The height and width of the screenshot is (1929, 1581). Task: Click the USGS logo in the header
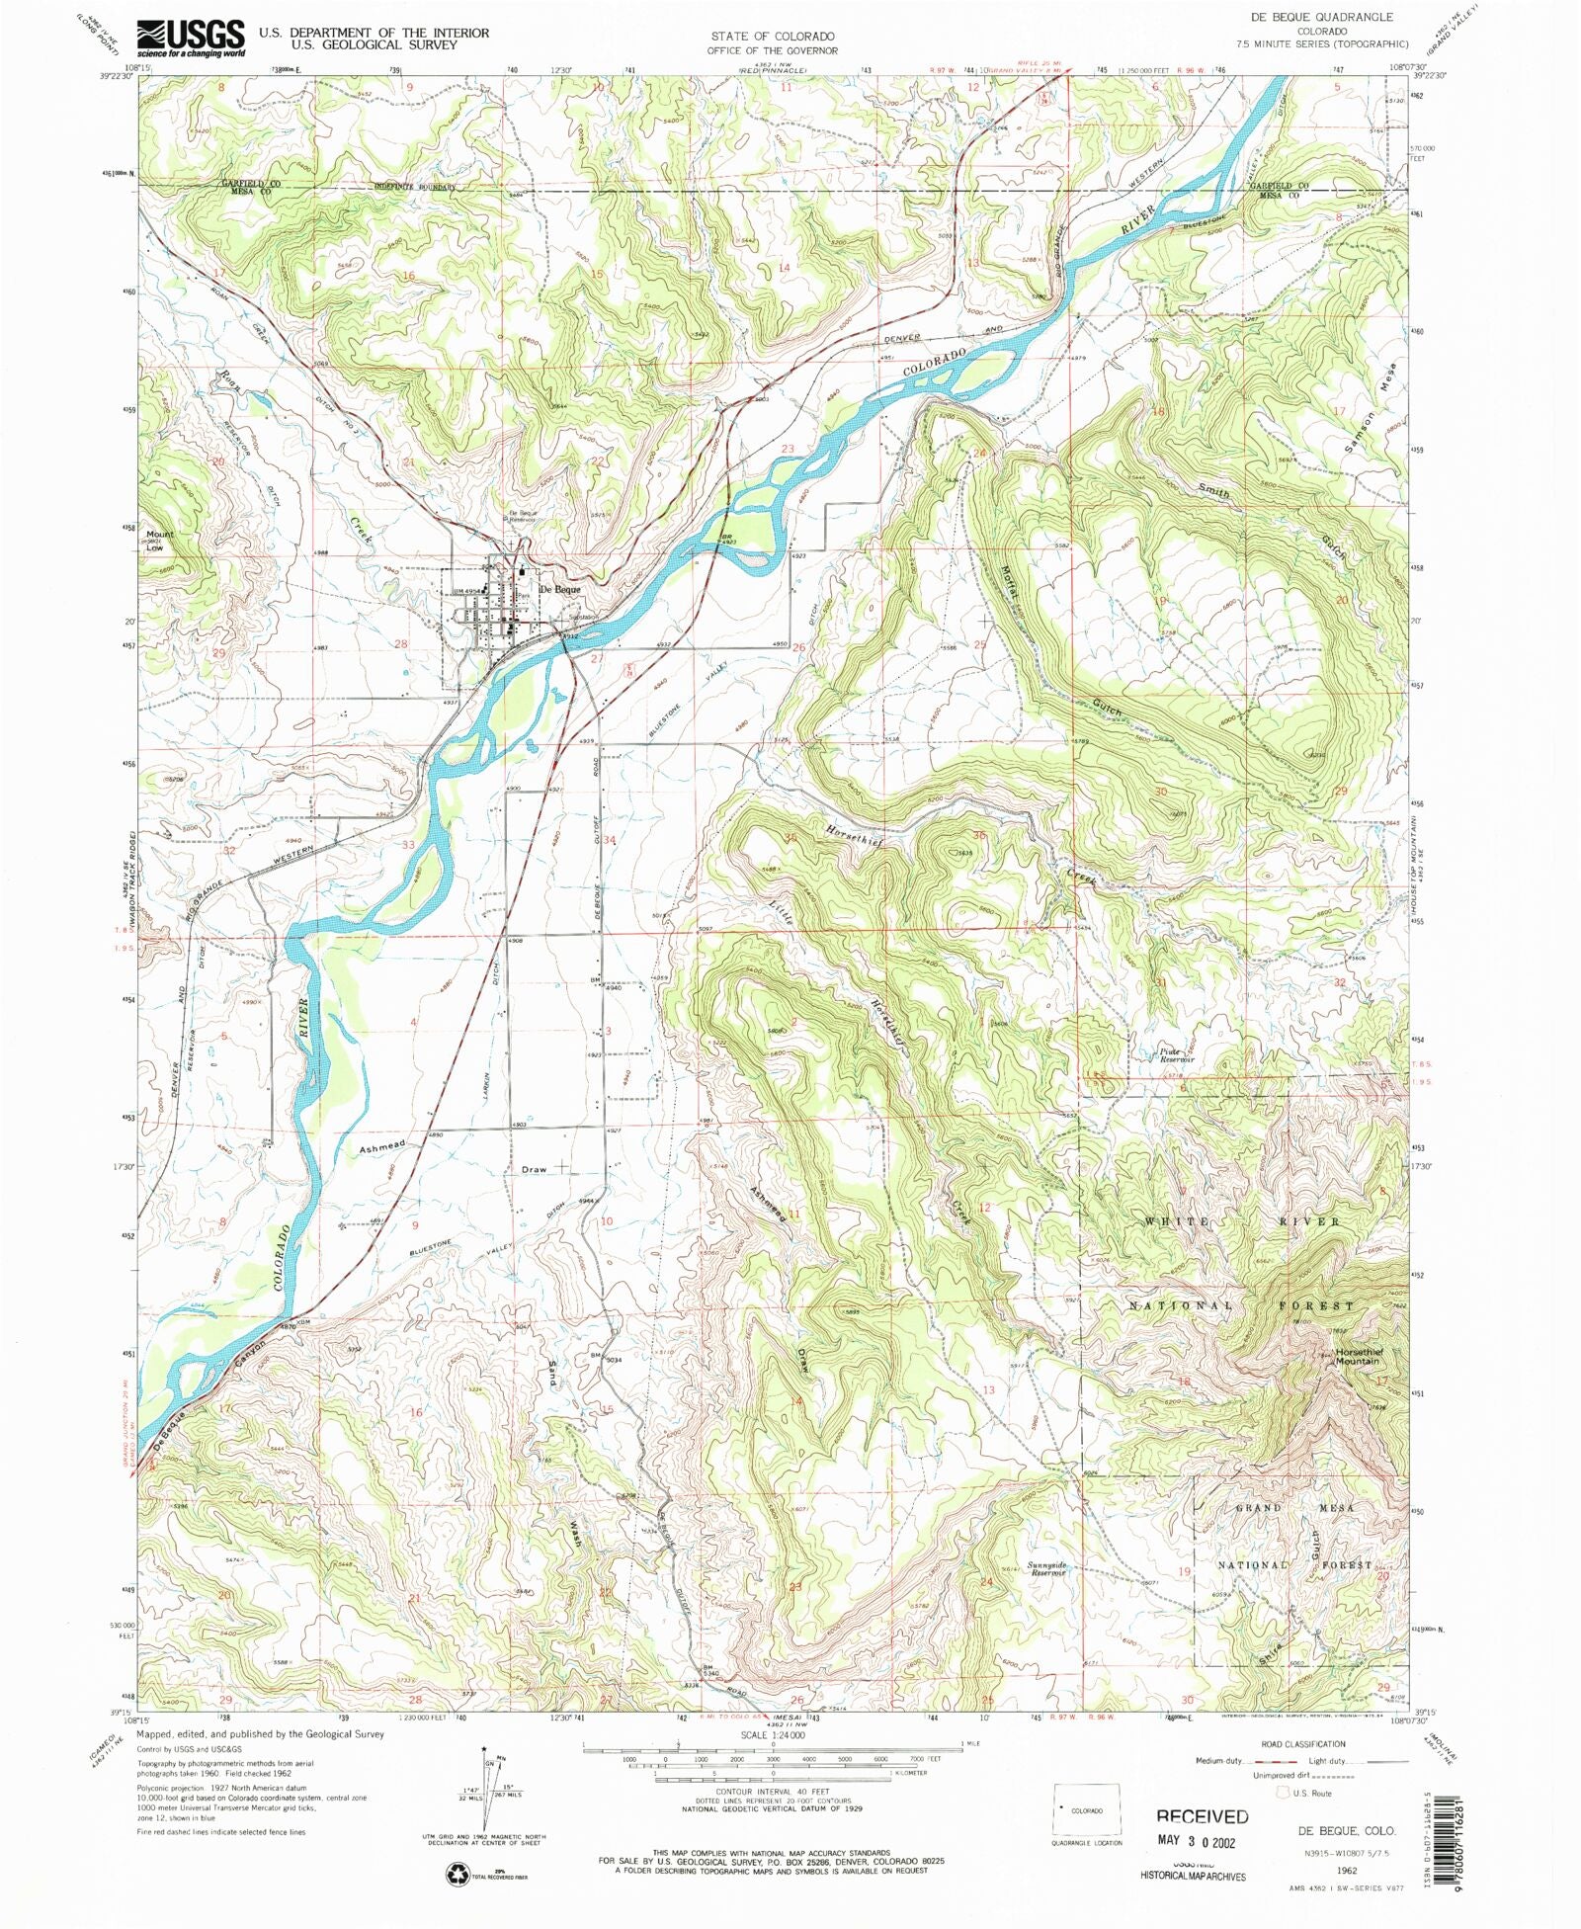pyautogui.click(x=191, y=39)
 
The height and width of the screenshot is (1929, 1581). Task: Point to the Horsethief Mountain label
pyautogui.click(x=1359, y=1356)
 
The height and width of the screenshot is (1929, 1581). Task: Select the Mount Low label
pyautogui.click(x=158, y=540)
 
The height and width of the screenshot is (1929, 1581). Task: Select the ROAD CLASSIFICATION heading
pyautogui.click(x=1301, y=1743)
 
